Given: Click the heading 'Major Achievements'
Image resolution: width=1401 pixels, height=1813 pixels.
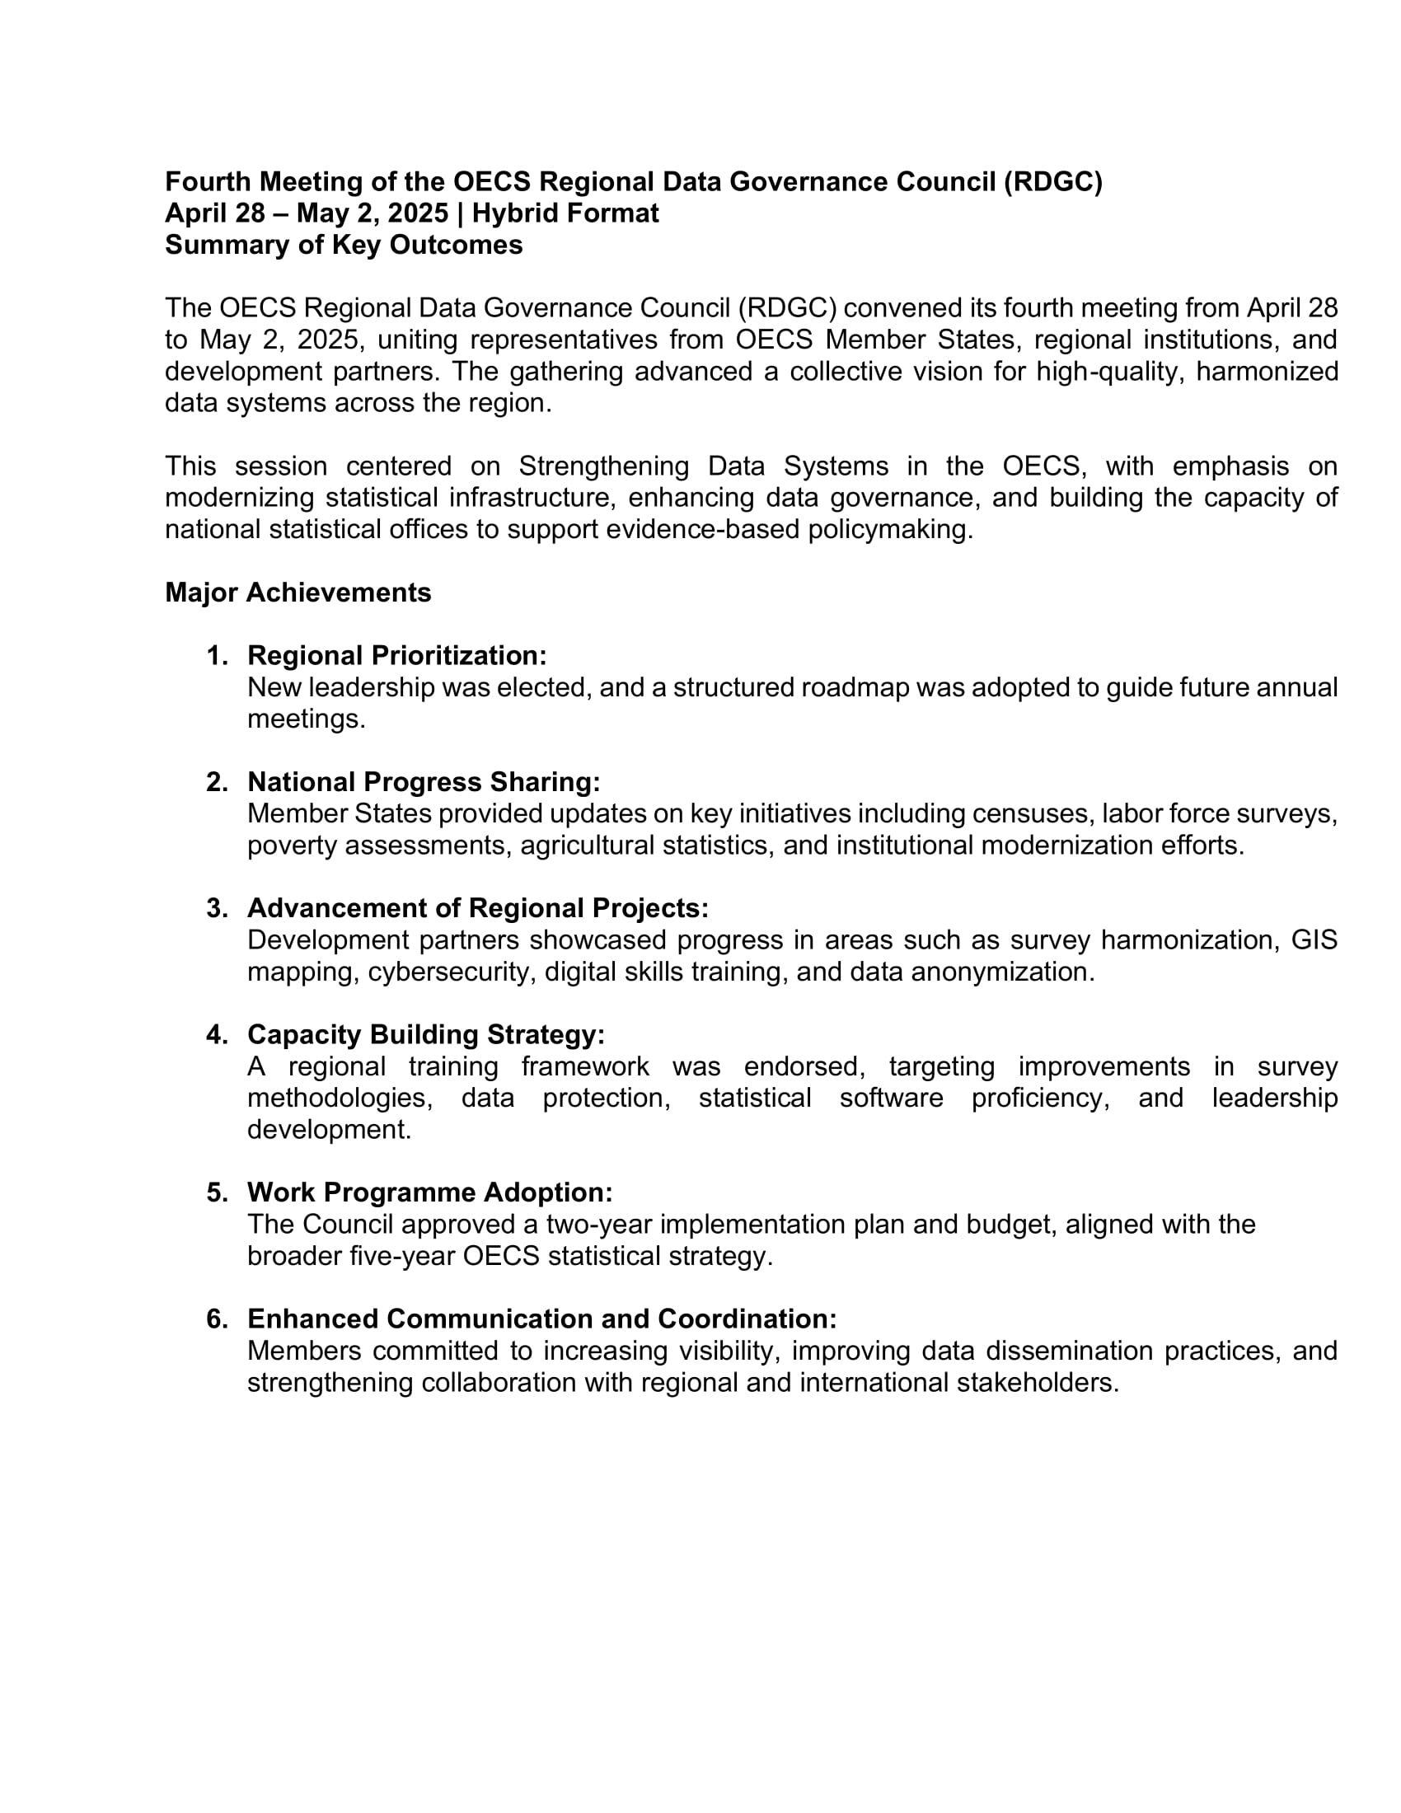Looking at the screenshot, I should click(298, 593).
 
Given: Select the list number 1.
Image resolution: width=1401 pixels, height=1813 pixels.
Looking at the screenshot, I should click(217, 656).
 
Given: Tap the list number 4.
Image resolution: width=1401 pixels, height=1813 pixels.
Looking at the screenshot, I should click(217, 1034).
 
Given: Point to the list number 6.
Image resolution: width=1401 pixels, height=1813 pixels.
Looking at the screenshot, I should click(217, 1319).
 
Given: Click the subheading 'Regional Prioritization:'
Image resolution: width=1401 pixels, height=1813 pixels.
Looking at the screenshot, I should click(396, 656).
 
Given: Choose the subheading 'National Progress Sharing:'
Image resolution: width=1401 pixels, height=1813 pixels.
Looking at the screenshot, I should click(424, 782).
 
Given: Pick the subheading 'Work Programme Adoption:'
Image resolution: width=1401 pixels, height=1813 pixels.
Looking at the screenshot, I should click(430, 1193).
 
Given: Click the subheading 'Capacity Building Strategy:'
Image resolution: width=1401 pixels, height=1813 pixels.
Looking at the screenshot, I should click(426, 1034).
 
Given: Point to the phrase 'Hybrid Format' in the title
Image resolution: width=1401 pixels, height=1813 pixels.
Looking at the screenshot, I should click(565, 213).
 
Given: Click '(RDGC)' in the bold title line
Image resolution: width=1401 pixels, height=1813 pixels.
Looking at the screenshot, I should click(1052, 182).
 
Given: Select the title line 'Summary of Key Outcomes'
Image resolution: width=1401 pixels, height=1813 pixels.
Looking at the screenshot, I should click(344, 245).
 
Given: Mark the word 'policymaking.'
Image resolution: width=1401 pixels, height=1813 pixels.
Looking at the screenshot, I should click(890, 529).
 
